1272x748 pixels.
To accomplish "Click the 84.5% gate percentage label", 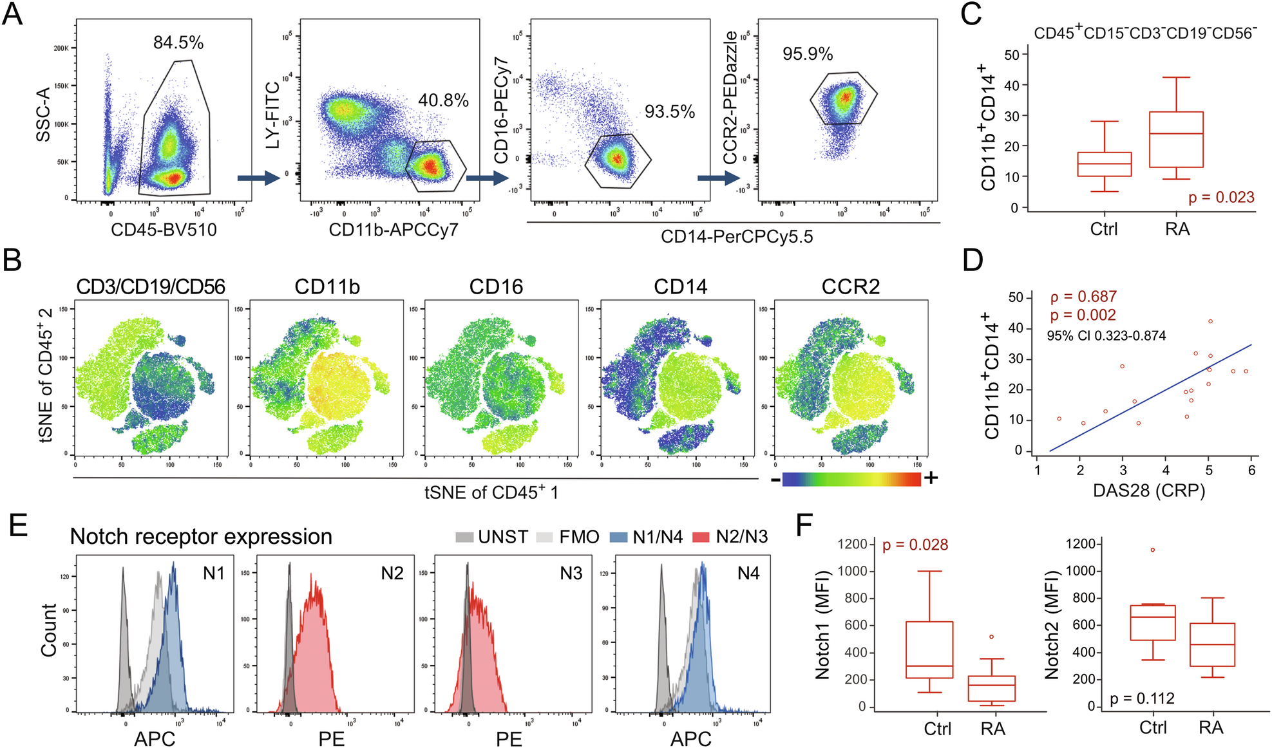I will point(178,42).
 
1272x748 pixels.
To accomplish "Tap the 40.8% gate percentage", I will point(443,100).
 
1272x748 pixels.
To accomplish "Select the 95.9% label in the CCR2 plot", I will point(808,54).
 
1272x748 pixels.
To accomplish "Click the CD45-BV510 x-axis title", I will point(164,230).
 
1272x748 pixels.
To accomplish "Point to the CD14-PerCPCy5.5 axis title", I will point(737,237).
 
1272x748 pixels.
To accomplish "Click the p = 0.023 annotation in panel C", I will point(1221,198).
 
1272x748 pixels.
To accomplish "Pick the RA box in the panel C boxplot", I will point(1176,140).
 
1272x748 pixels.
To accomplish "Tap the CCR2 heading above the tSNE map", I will point(850,286).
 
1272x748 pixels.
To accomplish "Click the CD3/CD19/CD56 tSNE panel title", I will point(151,286).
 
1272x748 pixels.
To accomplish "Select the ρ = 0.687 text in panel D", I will point(1083,297).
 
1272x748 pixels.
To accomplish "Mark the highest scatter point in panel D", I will point(1210,321).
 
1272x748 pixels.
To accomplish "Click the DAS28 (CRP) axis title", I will point(1149,491).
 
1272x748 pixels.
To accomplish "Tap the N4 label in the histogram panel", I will point(748,573).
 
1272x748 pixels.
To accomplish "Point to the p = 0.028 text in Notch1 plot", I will point(915,545).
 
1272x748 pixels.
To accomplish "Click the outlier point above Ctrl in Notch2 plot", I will point(1152,550).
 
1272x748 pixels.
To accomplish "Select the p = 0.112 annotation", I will point(1142,698).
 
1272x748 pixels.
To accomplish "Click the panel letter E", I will point(18,526).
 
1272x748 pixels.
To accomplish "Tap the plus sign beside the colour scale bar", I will point(931,478).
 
